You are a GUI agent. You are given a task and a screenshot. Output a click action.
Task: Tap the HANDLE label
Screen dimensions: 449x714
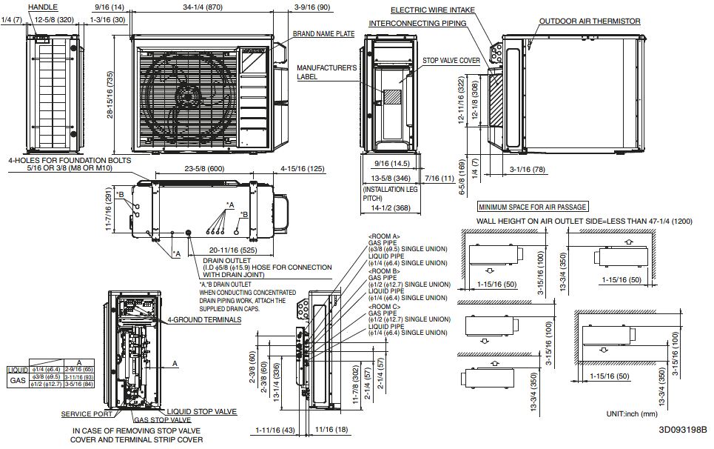tap(44, 6)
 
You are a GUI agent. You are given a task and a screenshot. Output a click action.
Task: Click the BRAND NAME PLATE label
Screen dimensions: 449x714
tap(323, 33)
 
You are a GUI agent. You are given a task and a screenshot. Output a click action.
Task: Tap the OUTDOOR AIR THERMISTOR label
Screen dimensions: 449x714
tap(589, 21)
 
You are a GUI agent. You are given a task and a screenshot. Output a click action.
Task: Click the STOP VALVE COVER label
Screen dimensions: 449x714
tap(451, 60)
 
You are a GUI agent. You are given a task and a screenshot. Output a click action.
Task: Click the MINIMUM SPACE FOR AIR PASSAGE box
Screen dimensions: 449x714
tap(533, 207)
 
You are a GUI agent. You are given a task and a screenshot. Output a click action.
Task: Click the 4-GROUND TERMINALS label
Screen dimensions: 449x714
tap(203, 319)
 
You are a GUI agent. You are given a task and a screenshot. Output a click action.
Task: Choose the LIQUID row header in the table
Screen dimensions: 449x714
tap(17, 369)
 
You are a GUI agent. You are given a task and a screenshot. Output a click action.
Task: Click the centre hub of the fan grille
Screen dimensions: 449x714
tap(188, 96)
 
